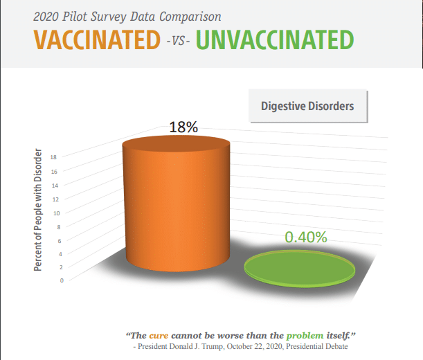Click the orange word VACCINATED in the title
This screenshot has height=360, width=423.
[97, 39]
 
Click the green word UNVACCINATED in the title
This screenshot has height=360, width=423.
[275, 39]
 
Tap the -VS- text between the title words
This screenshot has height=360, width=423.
[178, 42]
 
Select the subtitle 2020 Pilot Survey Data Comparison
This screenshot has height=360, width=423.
[127, 17]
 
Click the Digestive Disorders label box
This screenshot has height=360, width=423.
[308, 106]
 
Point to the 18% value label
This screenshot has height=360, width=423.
[183, 127]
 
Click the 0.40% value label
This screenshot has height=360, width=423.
[306, 237]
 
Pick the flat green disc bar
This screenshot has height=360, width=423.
[300, 268]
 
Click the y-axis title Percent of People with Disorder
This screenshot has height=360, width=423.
[38, 210]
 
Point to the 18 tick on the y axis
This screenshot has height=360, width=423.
[53, 157]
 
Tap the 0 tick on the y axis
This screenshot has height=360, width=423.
[62, 280]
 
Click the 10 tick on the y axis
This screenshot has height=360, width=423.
[57, 213]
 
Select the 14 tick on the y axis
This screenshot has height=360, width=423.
[55, 186]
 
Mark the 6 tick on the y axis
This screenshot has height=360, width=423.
[60, 241]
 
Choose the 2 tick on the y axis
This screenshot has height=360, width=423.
[61, 267]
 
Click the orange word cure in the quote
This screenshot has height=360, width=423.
[159, 336]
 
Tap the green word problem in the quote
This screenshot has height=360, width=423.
[305, 336]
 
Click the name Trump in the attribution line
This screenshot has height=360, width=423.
[215, 347]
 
